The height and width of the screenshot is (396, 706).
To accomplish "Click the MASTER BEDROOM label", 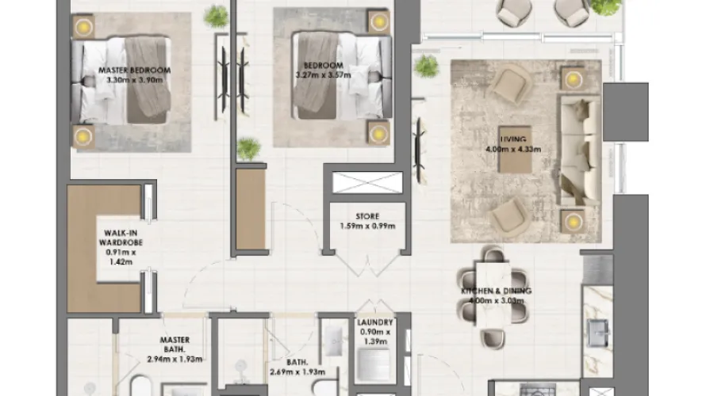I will (x=134, y=70).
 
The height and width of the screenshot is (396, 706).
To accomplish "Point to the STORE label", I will (x=366, y=216).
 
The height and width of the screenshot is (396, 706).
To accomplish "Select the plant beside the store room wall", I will (x=249, y=148).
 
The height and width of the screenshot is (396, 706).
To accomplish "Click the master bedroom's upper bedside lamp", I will (x=82, y=28).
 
